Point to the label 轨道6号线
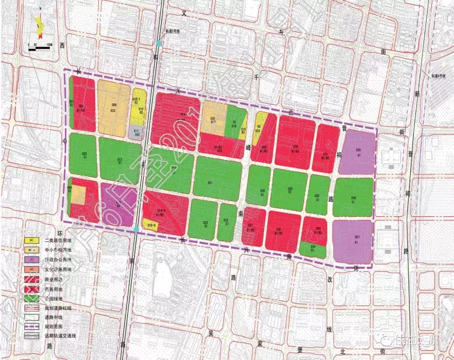click(x=438, y=76)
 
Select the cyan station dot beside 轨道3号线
click(x=158, y=43)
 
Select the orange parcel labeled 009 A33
click(x=113, y=107)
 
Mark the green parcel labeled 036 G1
click(x=353, y=197)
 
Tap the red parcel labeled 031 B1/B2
click(x=327, y=149)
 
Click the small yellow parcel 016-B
click(x=151, y=225)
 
